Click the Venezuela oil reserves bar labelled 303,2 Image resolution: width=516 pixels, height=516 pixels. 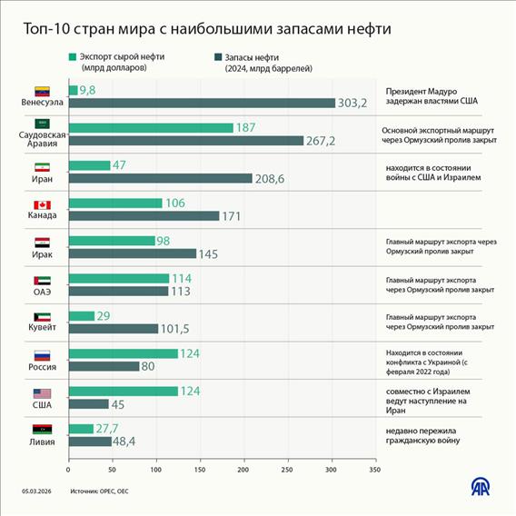click(201, 104)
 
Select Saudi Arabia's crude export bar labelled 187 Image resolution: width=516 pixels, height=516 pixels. click(151, 128)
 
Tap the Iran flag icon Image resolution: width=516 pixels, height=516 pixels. click(42, 167)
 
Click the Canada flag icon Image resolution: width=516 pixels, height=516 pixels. click(42, 204)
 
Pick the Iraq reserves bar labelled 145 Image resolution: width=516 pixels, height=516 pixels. click(132, 253)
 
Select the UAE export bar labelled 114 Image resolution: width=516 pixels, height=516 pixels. click(118, 278)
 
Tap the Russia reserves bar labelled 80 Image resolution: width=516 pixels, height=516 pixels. click(104, 366)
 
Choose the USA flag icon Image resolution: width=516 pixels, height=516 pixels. click(42, 392)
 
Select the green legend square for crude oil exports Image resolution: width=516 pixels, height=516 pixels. click(72, 56)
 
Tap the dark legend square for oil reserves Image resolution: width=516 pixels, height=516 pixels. click(218, 56)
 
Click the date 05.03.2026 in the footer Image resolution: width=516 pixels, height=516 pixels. click(39, 491)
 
